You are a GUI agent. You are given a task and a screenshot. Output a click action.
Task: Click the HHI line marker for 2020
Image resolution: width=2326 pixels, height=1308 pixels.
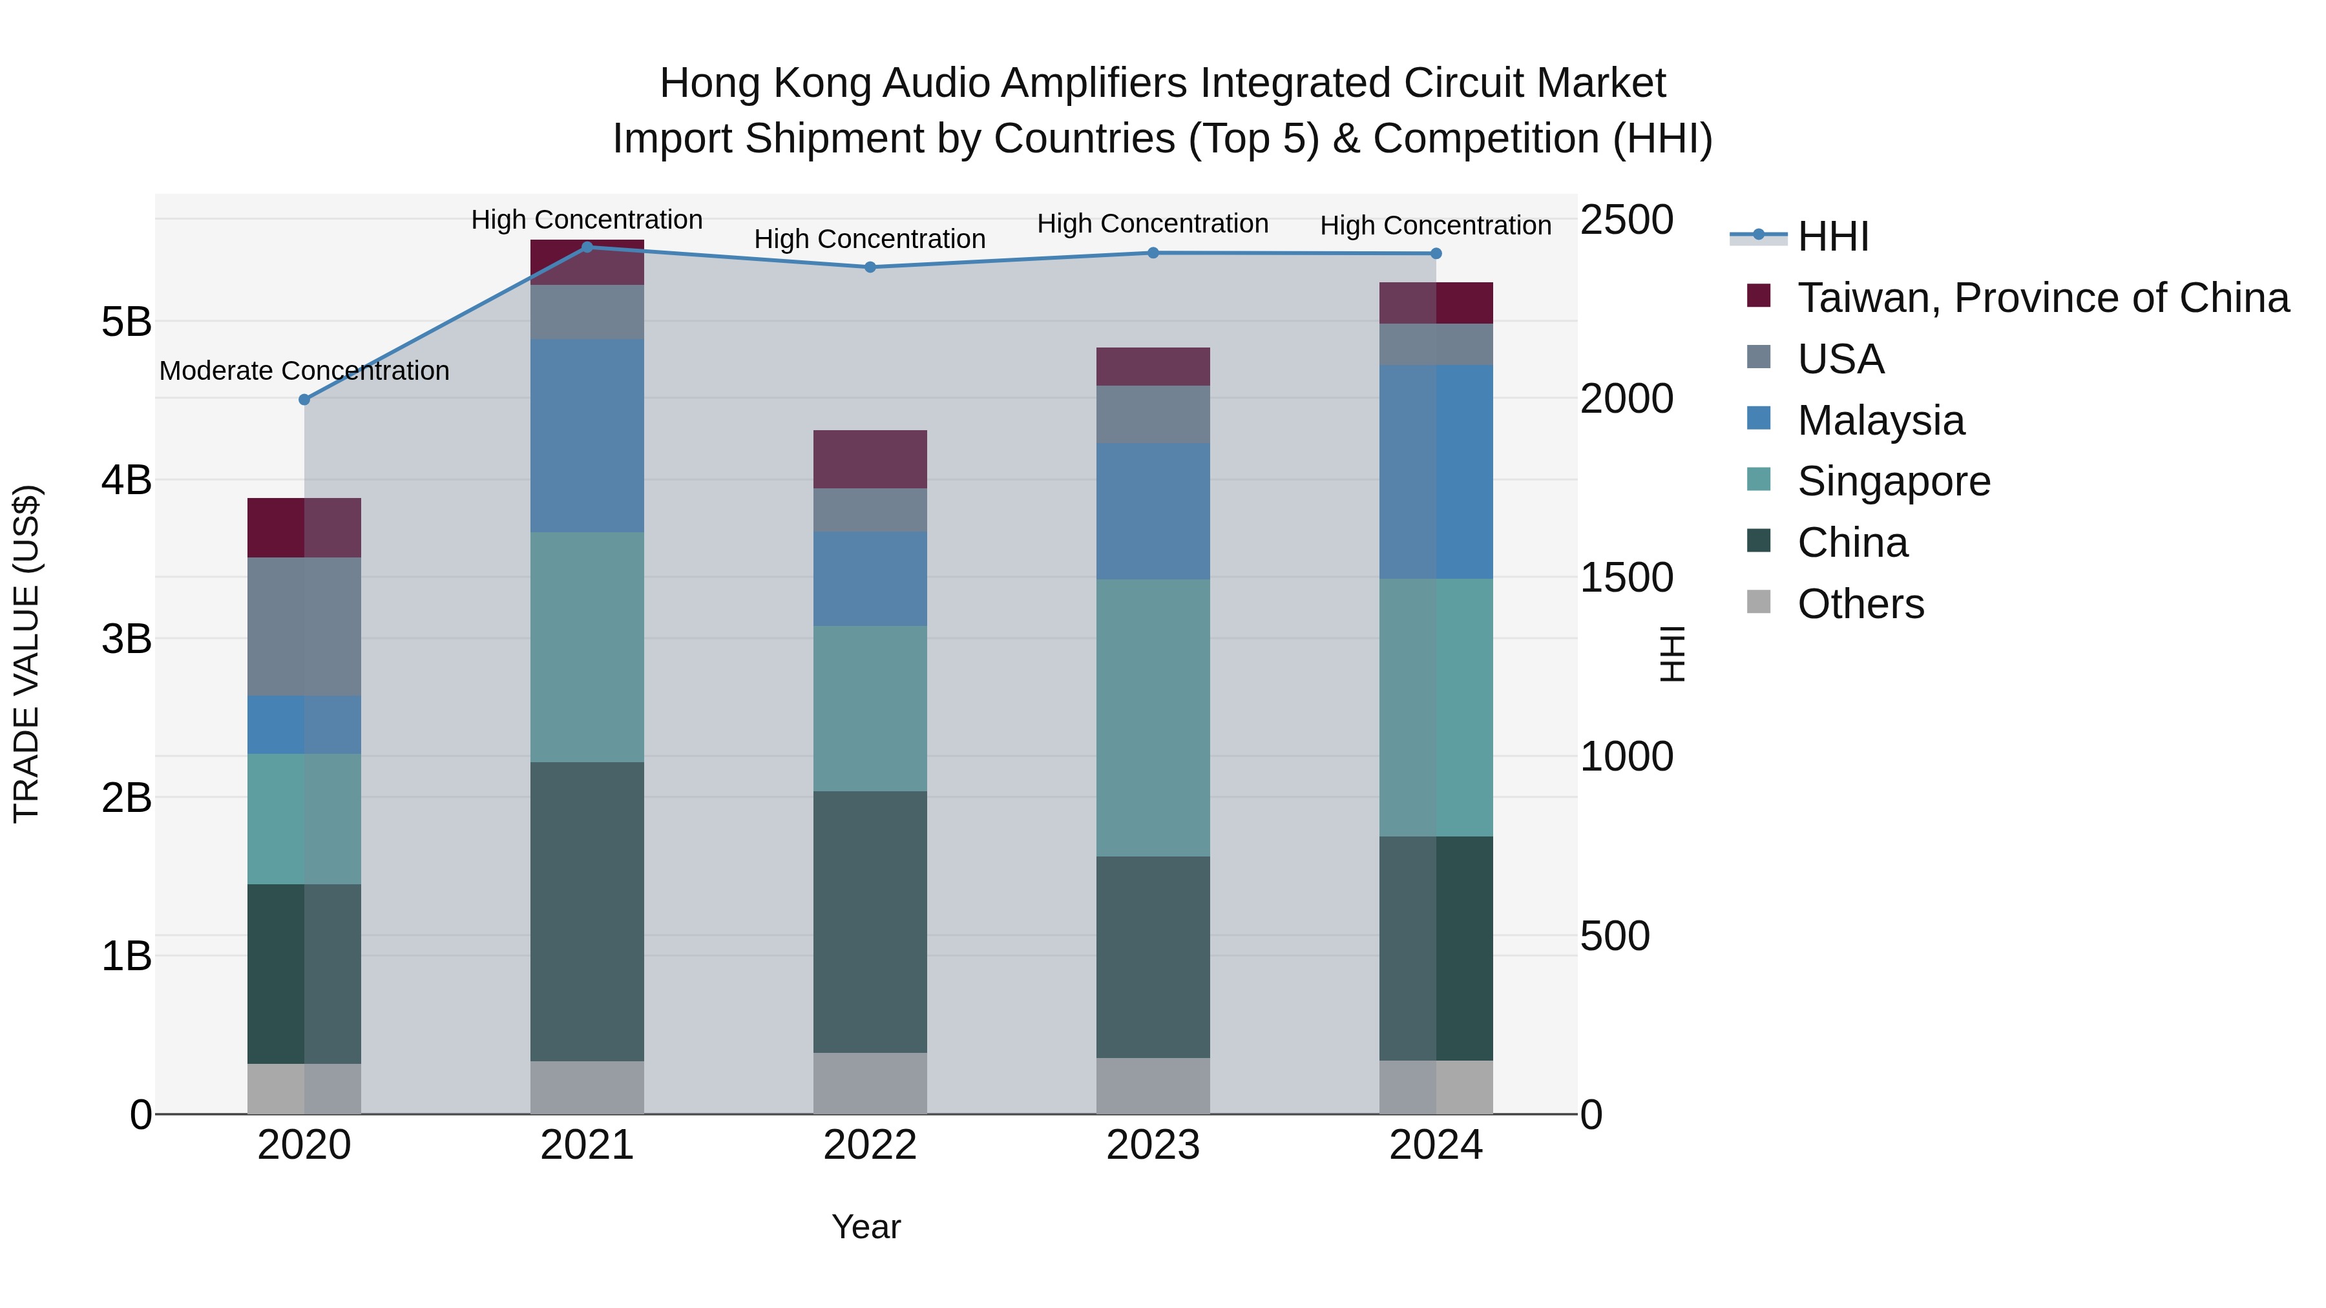point(304,399)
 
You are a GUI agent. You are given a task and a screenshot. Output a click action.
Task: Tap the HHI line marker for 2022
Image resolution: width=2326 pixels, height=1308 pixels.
point(870,267)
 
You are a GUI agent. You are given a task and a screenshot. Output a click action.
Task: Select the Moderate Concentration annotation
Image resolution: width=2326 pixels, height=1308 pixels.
point(304,371)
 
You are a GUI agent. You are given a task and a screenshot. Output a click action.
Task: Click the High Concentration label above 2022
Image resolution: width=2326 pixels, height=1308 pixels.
point(870,239)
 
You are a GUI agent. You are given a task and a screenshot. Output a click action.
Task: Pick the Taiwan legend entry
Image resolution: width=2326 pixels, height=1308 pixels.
point(2042,298)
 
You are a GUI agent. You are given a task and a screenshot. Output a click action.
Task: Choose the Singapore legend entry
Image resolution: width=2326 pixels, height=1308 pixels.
point(1894,481)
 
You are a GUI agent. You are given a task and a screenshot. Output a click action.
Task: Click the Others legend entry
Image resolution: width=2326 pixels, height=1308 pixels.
point(1860,604)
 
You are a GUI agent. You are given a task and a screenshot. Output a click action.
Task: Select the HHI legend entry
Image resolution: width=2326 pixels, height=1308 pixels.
point(1833,236)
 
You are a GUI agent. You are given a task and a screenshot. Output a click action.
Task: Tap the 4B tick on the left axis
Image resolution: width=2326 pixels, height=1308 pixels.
point(127,479)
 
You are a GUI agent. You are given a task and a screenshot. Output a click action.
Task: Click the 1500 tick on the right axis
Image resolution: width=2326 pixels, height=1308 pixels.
point(1626,577)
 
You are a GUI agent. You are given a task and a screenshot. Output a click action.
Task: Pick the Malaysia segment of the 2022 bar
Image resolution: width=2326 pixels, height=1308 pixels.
point(870,579)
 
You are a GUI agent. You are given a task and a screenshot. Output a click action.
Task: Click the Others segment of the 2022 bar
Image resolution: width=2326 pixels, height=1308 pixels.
point(870,1083)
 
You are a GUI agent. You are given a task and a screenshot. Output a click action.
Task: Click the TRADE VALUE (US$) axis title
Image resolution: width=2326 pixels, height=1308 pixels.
point(26,654)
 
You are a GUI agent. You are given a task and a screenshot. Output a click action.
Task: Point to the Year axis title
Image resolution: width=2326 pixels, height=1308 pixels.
point(866,1227)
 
